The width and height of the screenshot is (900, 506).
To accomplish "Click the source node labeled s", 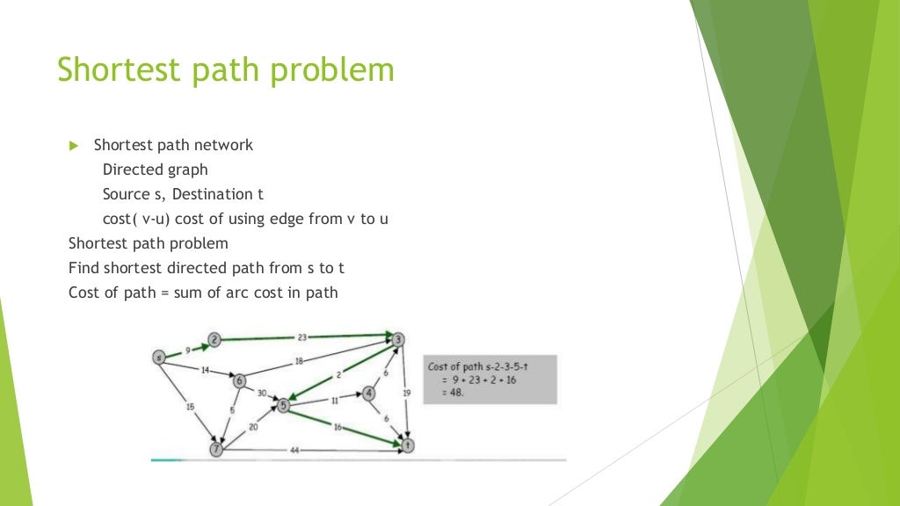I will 159,357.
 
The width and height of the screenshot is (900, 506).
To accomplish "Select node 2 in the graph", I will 214,339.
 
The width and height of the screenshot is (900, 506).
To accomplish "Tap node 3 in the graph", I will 398,339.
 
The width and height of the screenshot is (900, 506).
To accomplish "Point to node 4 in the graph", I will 369,393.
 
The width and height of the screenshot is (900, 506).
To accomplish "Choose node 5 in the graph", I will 283,405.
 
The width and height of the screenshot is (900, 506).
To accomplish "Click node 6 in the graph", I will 239,380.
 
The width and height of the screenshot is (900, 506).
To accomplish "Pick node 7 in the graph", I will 216,450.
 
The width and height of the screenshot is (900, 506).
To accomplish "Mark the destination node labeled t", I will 407,445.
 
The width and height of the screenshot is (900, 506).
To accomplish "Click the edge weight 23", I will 301,336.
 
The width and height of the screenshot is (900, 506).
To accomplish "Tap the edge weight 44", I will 294,450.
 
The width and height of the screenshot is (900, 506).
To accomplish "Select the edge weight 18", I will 299,361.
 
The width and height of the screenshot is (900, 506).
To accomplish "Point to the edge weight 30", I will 261,393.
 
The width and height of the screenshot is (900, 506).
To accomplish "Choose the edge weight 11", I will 335,400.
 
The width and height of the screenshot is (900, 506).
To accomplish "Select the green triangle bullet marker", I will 74,145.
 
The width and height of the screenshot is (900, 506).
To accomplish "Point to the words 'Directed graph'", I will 156,170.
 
